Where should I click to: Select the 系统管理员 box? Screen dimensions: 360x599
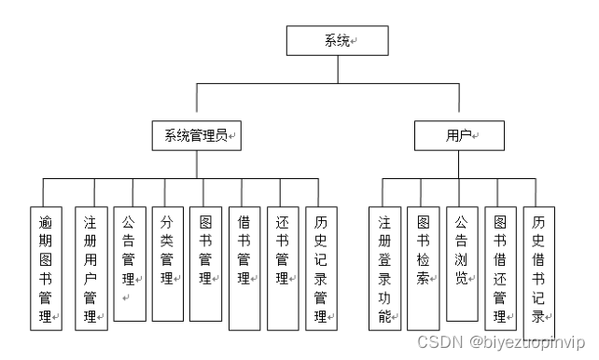point(196,136)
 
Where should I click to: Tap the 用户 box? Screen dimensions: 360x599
point(459,136)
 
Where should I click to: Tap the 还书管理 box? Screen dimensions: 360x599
point(282,267)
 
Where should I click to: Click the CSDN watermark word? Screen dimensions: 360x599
point(435,342)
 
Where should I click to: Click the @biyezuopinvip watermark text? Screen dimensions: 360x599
point(525,342)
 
